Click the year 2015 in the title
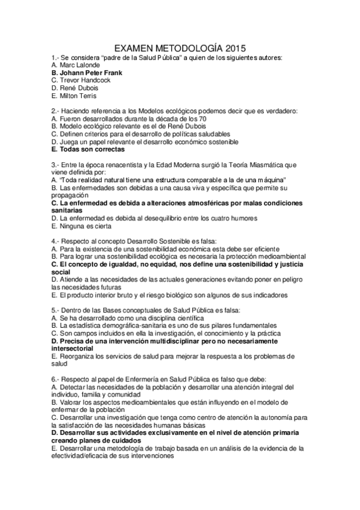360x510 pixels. click(232, 47)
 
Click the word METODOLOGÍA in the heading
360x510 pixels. click(182, 47)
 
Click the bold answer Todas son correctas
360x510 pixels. click(91, 150)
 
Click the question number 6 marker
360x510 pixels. click(55, 379)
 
